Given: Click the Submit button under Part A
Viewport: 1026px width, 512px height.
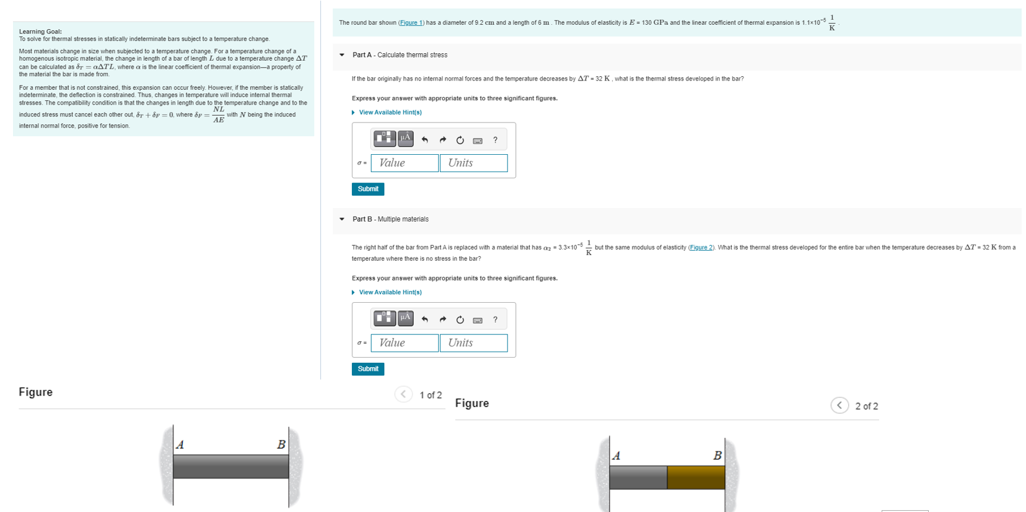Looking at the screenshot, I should click(x=367, y=189).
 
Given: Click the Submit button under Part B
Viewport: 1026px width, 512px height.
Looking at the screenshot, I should click(x=367, y=369).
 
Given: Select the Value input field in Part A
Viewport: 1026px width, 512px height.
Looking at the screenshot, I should click(x=404, y=163).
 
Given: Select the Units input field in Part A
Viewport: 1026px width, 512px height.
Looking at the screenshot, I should click(x=473, y=163).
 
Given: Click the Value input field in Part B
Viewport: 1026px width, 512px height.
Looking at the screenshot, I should click(x=404, y=343).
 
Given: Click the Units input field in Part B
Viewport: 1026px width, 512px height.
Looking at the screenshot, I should click(x=473, y=343).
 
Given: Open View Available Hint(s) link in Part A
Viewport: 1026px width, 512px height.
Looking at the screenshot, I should click(x=390, y=113).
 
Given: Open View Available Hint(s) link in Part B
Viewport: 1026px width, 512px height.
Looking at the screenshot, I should click(x=390, y=292).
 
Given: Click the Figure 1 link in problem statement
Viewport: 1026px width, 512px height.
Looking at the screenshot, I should click(x=411, y=23).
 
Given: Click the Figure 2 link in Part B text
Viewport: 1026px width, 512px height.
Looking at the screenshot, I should click(x=701, y=248).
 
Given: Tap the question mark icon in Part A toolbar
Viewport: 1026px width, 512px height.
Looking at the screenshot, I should click(x=495, y=140).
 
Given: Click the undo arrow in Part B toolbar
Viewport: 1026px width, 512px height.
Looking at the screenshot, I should click(x=424, y=319).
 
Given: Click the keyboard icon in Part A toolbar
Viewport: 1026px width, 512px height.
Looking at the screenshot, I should click(x=478, y=141).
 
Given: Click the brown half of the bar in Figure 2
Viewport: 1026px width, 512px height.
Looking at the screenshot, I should click(x=696, y=477).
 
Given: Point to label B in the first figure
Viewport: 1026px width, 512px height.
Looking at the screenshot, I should click(x=281, y=445).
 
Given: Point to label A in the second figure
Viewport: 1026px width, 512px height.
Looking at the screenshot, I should click(x=616, y=456).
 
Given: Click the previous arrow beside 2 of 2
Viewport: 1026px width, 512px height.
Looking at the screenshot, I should click(x=839, y=406).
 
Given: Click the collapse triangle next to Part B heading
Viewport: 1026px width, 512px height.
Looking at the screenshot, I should click(x=342, y=219).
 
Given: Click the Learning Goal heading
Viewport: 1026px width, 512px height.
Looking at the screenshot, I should click(x=40, y=32).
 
